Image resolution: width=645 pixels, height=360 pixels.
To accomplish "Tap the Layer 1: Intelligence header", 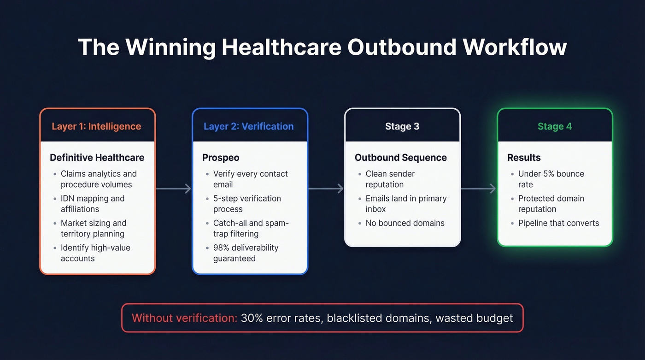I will click(x=96, y=126).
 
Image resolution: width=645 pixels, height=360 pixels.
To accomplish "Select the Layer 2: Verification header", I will click(x=249, y=126).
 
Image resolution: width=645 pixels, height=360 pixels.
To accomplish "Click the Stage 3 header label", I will click(x=402, y=126).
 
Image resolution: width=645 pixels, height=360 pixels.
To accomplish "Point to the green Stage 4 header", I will click(x=555, y=126).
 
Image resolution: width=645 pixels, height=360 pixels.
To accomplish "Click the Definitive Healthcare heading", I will click(x=97, y=158).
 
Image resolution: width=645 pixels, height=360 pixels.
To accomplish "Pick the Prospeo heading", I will click(x=221, y=158).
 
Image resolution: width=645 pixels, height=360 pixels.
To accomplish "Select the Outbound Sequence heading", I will click(x=400, y=158).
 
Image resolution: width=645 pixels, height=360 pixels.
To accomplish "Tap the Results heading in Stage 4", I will click(x=524, y=158).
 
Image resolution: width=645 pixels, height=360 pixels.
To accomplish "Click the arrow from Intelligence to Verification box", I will click(x=174, y=189).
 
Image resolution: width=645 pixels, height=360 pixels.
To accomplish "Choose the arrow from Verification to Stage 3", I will click(x=326, y=189).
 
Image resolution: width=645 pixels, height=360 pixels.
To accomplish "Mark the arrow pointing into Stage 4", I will click(x=479, y=189).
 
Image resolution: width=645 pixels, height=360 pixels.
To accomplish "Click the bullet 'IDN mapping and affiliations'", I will click(x=92, y=204).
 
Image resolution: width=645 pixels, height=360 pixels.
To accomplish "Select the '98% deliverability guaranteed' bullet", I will click(x=246, y=253).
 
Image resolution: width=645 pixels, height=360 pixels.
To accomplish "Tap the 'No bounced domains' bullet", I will click(x=405, y=223).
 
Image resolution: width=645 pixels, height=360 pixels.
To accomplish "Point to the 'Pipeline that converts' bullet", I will click(x=558, y=223).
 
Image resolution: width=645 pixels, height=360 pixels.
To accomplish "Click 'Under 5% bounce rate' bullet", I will click(x=551, y=179).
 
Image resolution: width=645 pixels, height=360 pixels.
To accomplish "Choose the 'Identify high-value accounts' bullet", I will click(x=95, y=253).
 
